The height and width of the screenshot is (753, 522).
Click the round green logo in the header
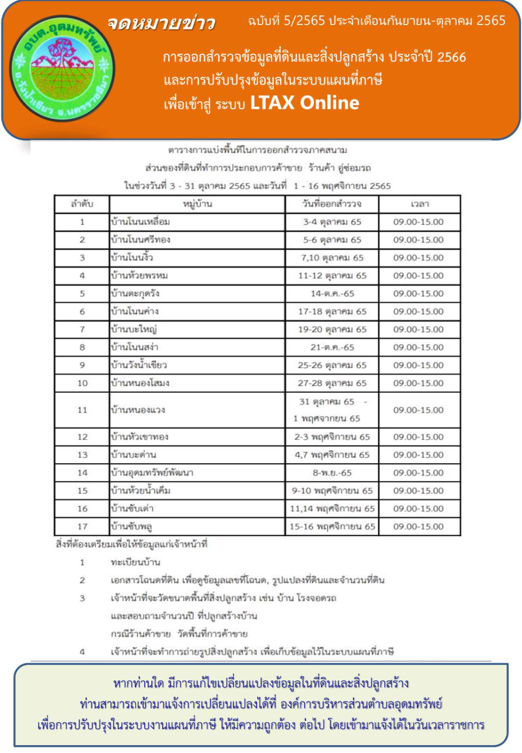pyautogui.click(x=62, y=69)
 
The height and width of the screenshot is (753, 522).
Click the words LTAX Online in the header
pyautogui.click(x=304, y=103)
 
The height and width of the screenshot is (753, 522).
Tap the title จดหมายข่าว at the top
pyautogui.click(x=161, y=23)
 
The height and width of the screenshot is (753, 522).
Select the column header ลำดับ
pyautogui.click(x=82, y=204)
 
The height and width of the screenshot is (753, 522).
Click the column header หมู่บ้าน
pyautogui.click(x=197, y=204)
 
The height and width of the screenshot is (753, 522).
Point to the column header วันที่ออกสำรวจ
pyautogui.click(x=332, y=204)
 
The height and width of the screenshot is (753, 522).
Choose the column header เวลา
pyautogui.click(x=419, y=204)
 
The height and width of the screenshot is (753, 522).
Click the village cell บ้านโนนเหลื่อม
pyautogui.click(x=140, y=222)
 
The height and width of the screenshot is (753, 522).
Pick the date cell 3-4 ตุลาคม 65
pyautogui.click(x=332, y=222)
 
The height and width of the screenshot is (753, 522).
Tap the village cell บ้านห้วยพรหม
pyautogui.click(x=139, y=275)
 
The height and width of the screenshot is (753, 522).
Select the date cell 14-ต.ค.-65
pyautogui.click(x=332, y=294)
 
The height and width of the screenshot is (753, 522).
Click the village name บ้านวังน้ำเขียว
pyautogui.click(x=139, y=365)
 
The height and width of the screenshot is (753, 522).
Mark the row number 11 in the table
pyautogui.click(x=82, y=410)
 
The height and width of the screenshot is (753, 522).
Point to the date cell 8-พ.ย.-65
pyautogui.click(x=332, y=473)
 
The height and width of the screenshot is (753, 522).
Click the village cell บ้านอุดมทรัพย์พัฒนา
pyautogui.click(x=152, y=473)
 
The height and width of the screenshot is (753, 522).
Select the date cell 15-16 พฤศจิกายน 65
pyautogui.click(x=332, y=527)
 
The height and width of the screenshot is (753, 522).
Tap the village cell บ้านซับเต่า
pyautogui.click(x=132, y=508)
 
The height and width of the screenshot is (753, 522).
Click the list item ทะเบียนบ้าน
pyautogui.click(x=135, y=562)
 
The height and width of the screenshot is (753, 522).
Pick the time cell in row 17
pyautogui.click(x=419, y=527)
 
